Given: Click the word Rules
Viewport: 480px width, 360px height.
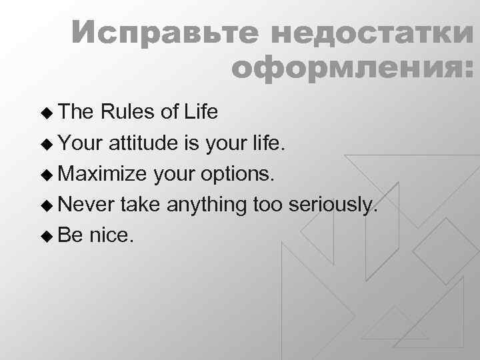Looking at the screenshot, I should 128,113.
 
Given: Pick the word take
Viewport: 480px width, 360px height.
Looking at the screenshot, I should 141,205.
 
